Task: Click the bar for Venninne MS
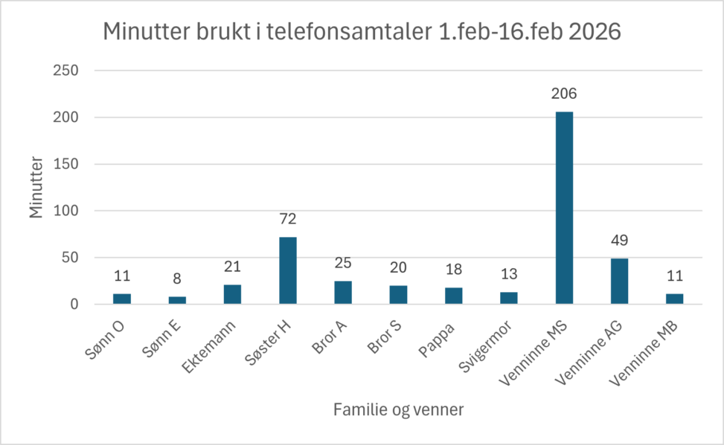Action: point(564,208)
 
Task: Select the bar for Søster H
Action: point(287,270)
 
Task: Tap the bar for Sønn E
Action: point(177,300)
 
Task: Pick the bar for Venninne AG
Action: point(619,282)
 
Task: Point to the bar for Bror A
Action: point(343,293)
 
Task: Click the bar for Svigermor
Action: point(509,298)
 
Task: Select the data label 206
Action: point(564,94)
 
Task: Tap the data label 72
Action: point(287,220)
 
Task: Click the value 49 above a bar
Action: point(619,241)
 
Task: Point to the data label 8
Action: point(177,279)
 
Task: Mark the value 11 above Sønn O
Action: point(122,276)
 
